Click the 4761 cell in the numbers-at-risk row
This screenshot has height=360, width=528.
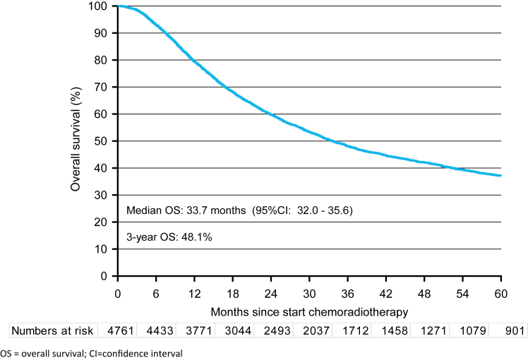click(121, 330)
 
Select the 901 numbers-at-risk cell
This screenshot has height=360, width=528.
click(515, 330)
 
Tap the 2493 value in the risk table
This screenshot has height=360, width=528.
click(277, 330)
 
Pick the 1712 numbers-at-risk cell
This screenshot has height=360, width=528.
click(356, 330)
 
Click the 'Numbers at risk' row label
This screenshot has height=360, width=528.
click(52, 330)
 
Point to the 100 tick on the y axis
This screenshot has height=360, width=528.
click(97, 6)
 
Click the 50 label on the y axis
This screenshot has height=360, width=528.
click(101, 141)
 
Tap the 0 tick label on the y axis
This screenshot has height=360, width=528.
click(104, 276)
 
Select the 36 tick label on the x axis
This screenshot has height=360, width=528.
click(347, 294)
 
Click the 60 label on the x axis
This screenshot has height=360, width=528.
click(501, 294)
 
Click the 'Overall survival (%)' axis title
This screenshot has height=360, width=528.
click(76, 139)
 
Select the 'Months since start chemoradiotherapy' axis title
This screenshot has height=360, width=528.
click(309, 312)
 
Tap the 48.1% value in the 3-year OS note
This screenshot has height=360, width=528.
click(197, 237)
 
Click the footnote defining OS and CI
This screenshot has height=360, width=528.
click(91, 354)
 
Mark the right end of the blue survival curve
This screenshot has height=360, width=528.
click(501, 176)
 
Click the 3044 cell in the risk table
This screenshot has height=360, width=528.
click(238, 330)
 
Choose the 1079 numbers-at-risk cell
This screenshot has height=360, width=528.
click(473, 330)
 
